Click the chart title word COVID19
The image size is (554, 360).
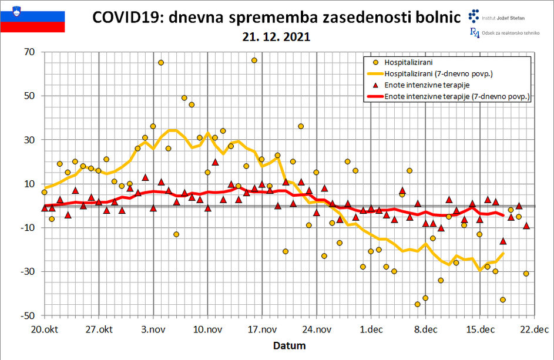tap(126, 18)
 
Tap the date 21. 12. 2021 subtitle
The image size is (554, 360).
tap(276, 36)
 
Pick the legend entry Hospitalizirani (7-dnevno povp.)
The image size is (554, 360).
tap(438, 73)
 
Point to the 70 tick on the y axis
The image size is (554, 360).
tap(29, 52)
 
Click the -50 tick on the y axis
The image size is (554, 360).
tap(28, 315)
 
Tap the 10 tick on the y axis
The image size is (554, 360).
tap(29, 184)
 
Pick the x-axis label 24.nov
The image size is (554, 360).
tap(315, 329)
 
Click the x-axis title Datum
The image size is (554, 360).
tap(289, 345)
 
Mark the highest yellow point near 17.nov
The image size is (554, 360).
tap(254, 60)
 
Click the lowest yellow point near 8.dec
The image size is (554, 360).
tap(418, 304)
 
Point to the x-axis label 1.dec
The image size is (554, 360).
tap(370, 329)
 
